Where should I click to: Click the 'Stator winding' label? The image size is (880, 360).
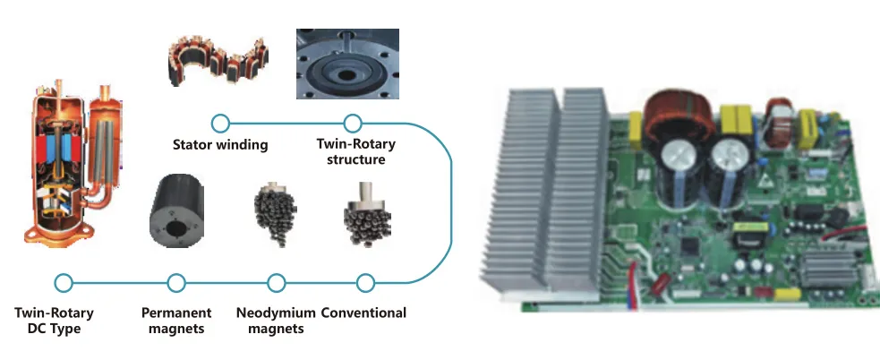219,144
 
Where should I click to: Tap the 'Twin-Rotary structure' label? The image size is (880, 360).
355,151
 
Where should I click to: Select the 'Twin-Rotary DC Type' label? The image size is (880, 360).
54,321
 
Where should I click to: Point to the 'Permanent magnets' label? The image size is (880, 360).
176,321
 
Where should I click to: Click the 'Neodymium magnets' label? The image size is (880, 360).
277,321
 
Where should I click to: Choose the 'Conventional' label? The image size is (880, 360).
363,313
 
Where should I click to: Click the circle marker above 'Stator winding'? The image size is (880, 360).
220,123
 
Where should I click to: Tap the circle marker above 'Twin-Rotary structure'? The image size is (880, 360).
353,123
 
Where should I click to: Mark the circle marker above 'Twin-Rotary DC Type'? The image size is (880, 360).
63,283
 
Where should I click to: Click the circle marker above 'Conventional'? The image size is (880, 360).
364,283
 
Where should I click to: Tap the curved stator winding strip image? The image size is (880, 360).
218,62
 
